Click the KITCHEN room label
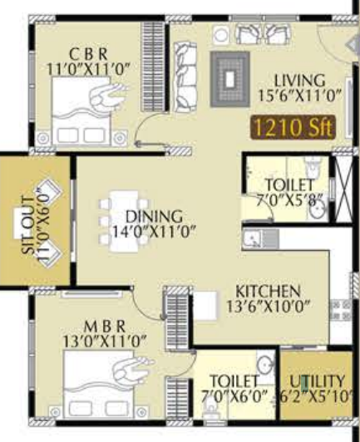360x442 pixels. pyautogui.click(x=267, y=292)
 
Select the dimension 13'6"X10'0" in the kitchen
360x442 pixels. pyautogui.click(x=268, y=307)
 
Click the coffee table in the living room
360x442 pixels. pyautogui.click(x=229, y=77)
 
